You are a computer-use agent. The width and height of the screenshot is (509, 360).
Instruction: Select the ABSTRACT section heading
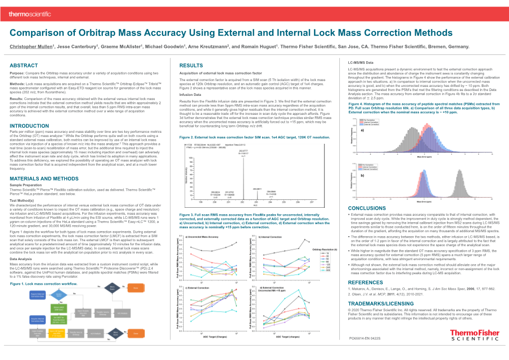click(x=24, y=65)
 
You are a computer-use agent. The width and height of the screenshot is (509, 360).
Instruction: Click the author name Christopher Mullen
click(x=32, y=45)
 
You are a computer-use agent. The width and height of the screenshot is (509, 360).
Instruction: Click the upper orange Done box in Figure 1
click(x=135, y=288)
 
